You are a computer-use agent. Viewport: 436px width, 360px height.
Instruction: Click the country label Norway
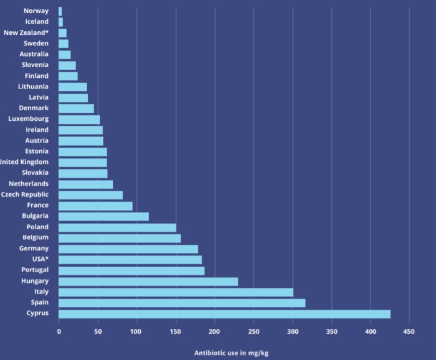(x=36, y=11)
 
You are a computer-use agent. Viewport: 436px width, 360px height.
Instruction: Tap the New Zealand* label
(x=26, y=32)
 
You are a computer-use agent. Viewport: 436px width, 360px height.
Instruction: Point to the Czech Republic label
(x=24, y=194)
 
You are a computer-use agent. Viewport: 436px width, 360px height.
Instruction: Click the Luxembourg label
(x=28, y=119)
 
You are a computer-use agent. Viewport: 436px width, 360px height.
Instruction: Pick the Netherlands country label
(x=29, y=184)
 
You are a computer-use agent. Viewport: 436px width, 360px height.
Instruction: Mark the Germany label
(x=34, y=249)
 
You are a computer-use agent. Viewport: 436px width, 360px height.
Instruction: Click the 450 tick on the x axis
(x=409, y=331)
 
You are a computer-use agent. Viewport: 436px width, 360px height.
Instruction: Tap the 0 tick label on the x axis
(x=59, y=331)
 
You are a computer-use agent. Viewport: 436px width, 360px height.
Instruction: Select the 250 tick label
(x=254, y=331)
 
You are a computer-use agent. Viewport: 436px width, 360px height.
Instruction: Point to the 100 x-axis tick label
(x=137, y=331)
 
